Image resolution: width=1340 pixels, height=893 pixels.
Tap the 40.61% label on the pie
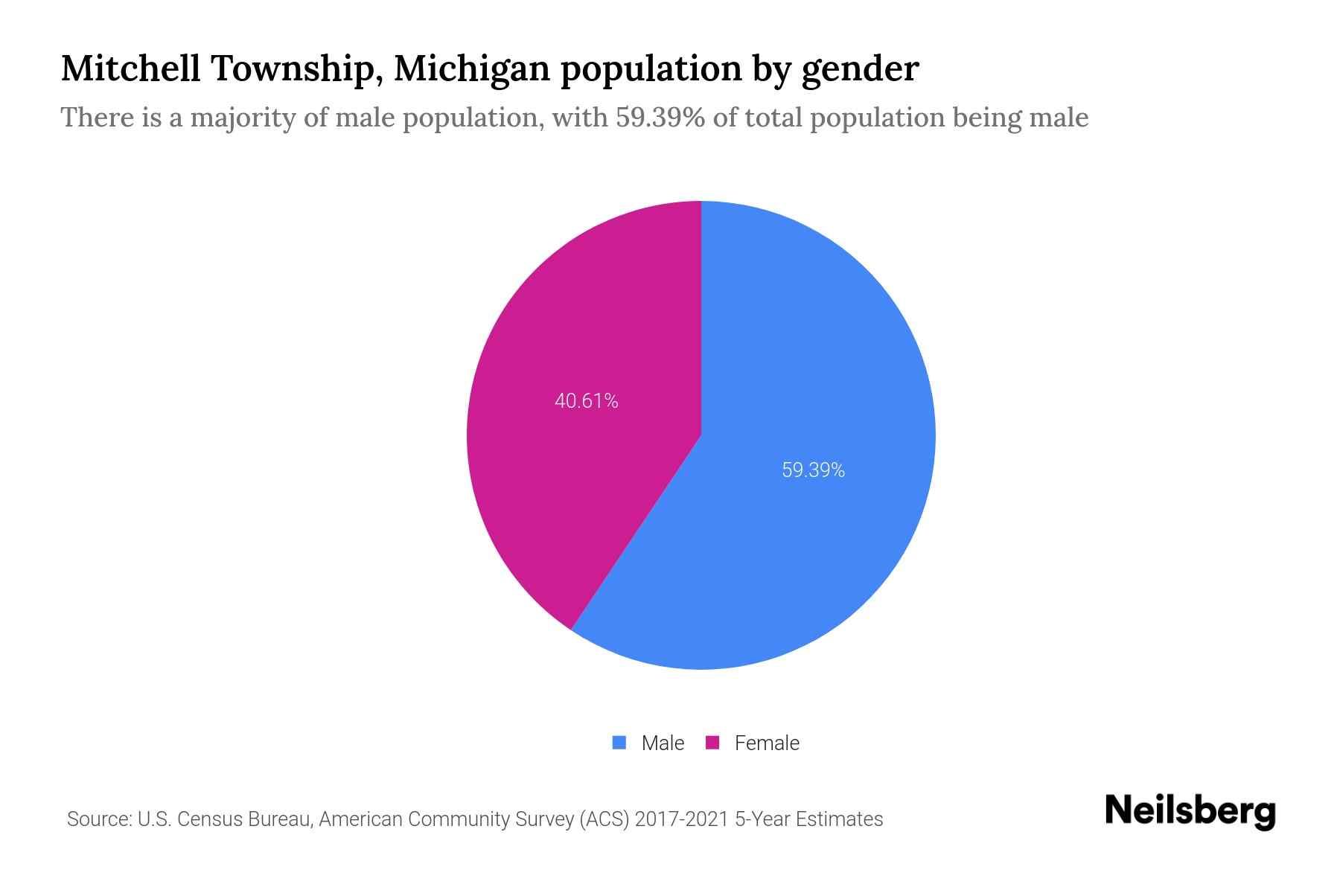point(587,401)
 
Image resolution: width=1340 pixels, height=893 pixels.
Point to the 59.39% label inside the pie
point(813,470)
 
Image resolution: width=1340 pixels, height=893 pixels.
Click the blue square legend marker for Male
point(619,743)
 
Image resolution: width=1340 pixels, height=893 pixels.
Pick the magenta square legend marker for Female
point(712,743)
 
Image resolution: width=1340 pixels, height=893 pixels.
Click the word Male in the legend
point(663,743)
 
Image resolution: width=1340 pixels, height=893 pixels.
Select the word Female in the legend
point(767,743)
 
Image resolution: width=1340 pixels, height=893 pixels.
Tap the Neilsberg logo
point(1190,811)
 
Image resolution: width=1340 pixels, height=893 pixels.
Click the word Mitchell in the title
point(131,68)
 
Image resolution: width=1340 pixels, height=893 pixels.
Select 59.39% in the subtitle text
point(660,118)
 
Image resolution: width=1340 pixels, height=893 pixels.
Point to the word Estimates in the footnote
point(839,819)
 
